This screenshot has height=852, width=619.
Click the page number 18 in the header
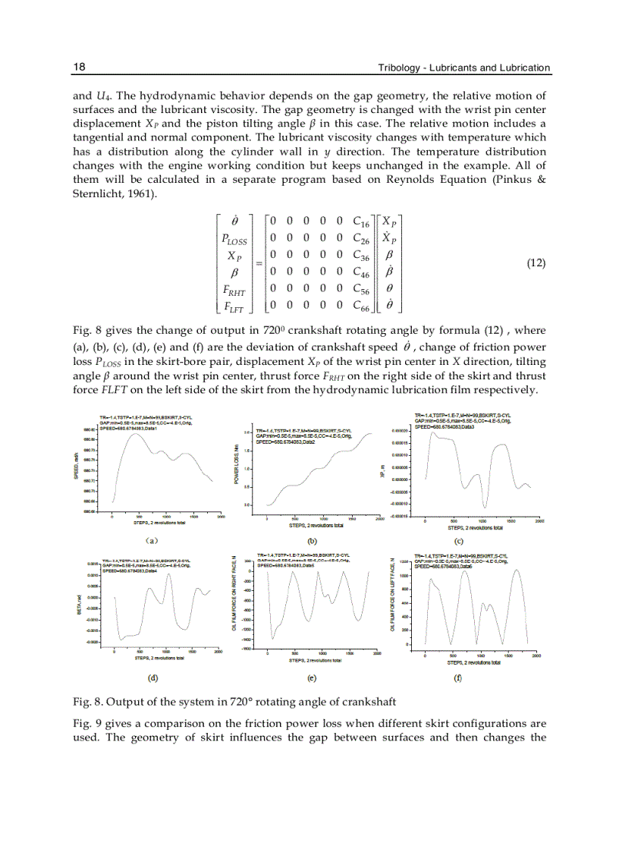click(78, 68)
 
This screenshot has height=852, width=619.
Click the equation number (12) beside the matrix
click(536, 263)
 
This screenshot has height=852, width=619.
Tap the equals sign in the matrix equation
click(256, 264)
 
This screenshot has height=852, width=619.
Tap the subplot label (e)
click(312, 678)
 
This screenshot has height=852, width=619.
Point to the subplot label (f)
click(457, 678)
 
